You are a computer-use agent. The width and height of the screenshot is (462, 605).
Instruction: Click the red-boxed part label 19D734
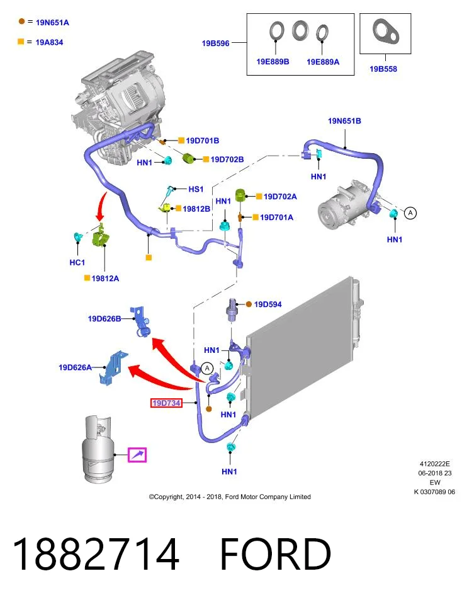coord(166,403)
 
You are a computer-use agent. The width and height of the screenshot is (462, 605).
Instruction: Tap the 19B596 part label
coord(215,43)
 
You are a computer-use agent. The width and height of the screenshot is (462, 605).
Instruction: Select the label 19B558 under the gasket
coord(383,69)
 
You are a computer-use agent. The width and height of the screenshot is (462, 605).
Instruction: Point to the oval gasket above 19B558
coord(385,30)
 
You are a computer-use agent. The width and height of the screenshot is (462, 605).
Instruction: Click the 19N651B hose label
coord(344,121)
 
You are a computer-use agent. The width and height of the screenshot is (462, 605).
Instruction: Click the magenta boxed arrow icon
coord(137,454)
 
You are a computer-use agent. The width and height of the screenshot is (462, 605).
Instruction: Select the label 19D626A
coord(75,367)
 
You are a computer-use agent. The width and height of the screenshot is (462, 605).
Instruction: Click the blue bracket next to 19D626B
coord(140,321)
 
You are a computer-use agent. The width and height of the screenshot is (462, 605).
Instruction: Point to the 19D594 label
coord(268,304)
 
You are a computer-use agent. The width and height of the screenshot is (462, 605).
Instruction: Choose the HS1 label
coord(196,189)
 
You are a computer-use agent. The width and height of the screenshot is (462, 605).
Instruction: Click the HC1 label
coord(77,262)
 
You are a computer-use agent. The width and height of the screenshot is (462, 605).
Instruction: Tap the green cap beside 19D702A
coord(241,195)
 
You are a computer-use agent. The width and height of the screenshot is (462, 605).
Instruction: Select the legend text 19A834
coord(49,42)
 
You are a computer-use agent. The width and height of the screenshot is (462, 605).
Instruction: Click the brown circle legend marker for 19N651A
coord(21,21)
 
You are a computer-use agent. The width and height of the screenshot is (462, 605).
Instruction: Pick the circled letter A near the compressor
coord(410,212)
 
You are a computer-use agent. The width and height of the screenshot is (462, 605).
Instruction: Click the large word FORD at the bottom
coord(276,554)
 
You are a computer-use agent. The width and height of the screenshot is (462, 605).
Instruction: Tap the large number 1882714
coord(96,554)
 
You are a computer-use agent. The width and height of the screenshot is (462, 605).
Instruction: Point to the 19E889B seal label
coord(273,62)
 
